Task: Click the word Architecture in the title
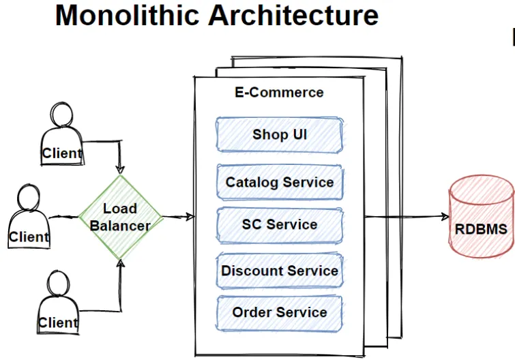click(293, 16)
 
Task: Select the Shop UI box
click(280, 135)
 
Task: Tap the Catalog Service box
click(280, 183)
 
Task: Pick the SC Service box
click(280, 225)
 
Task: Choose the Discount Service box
click(280, 271)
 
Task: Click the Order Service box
click(279, 313)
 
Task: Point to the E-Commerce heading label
click(279, 93)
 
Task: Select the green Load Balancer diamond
click(121, 217)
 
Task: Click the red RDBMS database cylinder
click(482, 216)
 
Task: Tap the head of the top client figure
click(61, 114)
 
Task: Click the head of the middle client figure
click(29, 197)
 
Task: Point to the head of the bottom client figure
click(58, 283)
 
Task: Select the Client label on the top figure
click(62, 153)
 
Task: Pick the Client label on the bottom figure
click(58, 322)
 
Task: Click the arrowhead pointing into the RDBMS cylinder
click(445, 216)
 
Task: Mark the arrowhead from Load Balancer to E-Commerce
click(190, 217)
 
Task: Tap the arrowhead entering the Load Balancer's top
click(120, 170)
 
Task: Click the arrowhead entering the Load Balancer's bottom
click(121, 263)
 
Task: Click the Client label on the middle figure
click(29, 237)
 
